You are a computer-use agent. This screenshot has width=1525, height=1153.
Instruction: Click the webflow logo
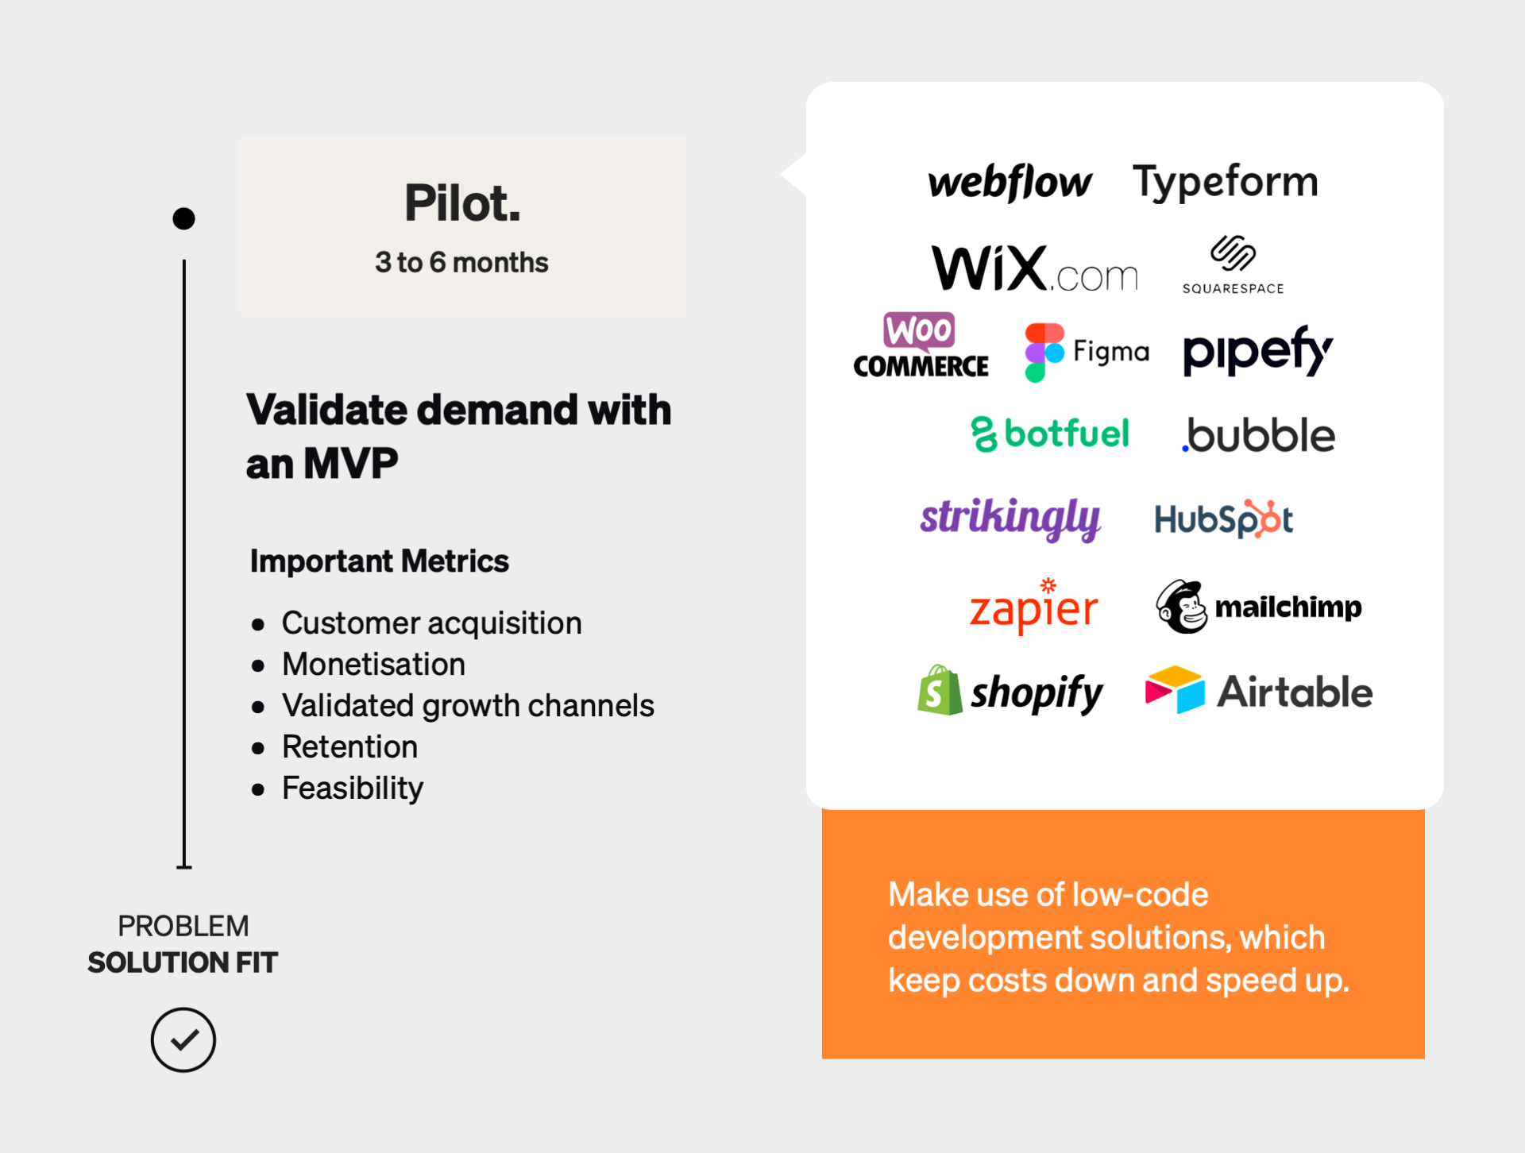tap(1009, 182)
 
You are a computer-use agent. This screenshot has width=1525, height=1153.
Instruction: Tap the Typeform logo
tap(1225, 182)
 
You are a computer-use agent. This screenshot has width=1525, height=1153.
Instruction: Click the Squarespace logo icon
tap(1233, 253)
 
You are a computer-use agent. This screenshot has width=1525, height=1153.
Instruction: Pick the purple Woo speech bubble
tap(919, 330)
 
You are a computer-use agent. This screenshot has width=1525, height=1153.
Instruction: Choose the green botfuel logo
tap(1049, 434)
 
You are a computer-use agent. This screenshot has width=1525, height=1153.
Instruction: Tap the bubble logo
tap(1258, 435)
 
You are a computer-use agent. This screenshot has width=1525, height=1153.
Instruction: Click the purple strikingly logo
tap(1010, 518)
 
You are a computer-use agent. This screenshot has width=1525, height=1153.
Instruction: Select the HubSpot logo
tap(1223, 519)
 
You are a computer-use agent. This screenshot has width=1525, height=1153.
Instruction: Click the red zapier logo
tap(1033, 607)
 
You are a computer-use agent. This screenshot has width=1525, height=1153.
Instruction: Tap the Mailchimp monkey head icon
tap(1181, 607)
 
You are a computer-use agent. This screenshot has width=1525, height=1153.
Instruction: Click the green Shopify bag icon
tap(940, 691)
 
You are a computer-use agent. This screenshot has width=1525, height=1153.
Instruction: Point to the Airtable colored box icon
tap(1174, 689)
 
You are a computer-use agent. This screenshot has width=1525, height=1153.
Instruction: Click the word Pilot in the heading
tap(461, 203)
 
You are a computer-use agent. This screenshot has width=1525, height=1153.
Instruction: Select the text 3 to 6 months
tap(461, 262)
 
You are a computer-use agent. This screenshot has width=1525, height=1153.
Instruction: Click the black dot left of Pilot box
tap(183, 218)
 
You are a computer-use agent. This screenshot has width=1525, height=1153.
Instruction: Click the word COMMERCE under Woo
tap(921, 366)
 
